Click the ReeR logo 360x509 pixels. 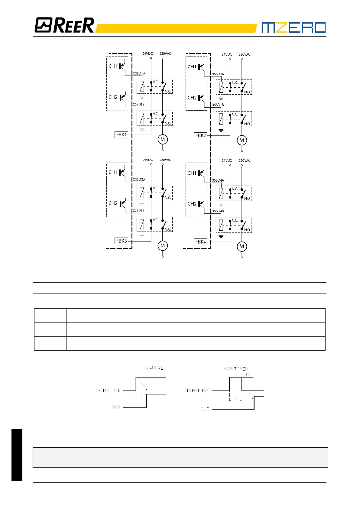[x=64, y=25]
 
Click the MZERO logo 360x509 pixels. [x=293, y=27]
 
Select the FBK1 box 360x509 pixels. [x=122, y=135]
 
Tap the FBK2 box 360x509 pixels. [x=200, y=136]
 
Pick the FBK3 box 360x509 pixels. [x=122, y=241]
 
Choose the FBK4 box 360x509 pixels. [x=200, y=242]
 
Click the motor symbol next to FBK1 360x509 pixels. [x=163, y=139]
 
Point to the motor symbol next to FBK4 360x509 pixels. [x=242, y=246]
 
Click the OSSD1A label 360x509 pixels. [x=139, y=73]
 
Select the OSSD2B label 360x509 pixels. [x=218, y=105]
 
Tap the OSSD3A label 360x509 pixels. [x=139, y=180]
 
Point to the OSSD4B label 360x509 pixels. [x=218, y=211]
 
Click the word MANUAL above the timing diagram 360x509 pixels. [x=154, y=368]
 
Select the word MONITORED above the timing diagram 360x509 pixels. [x=235, y=369]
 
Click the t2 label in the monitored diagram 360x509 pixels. [x=248, y=375]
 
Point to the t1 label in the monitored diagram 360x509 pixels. [x=235, y=398]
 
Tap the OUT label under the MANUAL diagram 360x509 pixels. [x=116, y=407]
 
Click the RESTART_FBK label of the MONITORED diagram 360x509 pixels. [x=196, y=390]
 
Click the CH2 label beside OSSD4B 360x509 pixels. [x=192, y=204]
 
